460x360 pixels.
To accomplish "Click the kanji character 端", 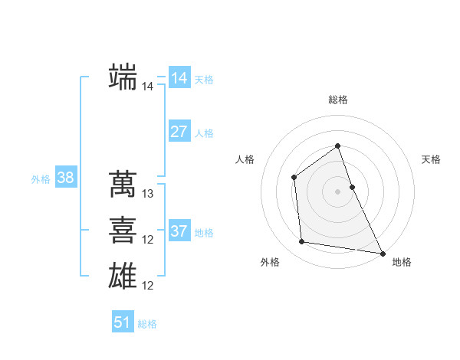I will tap(123, 77).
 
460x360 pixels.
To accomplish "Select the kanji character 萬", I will tap(123, 184).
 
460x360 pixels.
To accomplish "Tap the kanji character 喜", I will tap(123, 230).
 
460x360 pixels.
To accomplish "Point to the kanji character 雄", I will tap(123, 276).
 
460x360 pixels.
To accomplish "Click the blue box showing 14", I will tap(179, 78).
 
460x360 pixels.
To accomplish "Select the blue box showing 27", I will tap(179, 132).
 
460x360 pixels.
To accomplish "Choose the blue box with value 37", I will tap(179, 231).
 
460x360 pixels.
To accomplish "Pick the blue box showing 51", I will tap(122, 322).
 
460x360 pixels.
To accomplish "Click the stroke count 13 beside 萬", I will tap(148, 194).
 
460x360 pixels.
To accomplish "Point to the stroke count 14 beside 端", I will tap(148, 87).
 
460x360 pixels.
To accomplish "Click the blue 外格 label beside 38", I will tap(41, 179).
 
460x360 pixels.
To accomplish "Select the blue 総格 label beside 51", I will tap(147, 324).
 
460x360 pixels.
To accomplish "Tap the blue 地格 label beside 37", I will tap(205, 233).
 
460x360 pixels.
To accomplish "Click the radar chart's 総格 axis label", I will tap(338, 100).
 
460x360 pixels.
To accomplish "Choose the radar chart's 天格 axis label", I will tap(432, 159).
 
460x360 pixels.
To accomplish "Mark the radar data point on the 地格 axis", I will tap(383, 253).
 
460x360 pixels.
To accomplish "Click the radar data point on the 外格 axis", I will tap(302, 242).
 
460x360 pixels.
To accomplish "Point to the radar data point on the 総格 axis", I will tap(338, 146).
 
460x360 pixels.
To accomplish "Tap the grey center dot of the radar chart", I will tap(338, 191).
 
